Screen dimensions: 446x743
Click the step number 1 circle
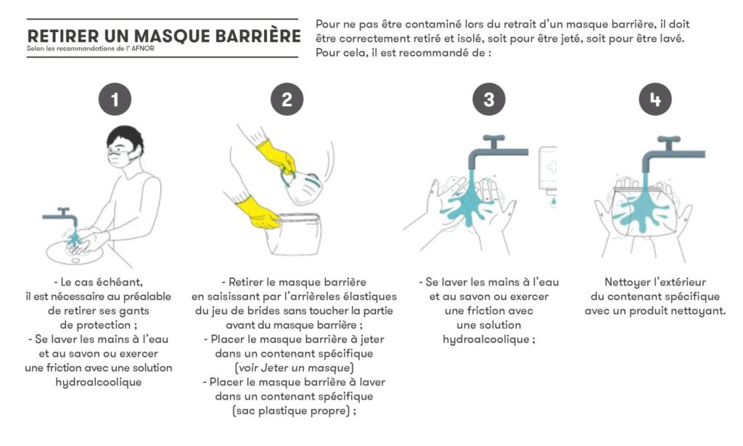pos(114,100)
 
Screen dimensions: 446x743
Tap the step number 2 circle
pos(287,100)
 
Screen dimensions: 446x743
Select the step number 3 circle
pos(488,100)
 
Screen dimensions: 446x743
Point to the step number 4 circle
pos(655,100)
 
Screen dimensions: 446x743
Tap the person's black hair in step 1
pos(125,137)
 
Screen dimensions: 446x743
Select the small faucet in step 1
pos(62,215)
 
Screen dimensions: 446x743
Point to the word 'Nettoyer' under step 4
pos(628,282)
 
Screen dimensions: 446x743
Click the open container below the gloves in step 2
pos(293,234)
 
